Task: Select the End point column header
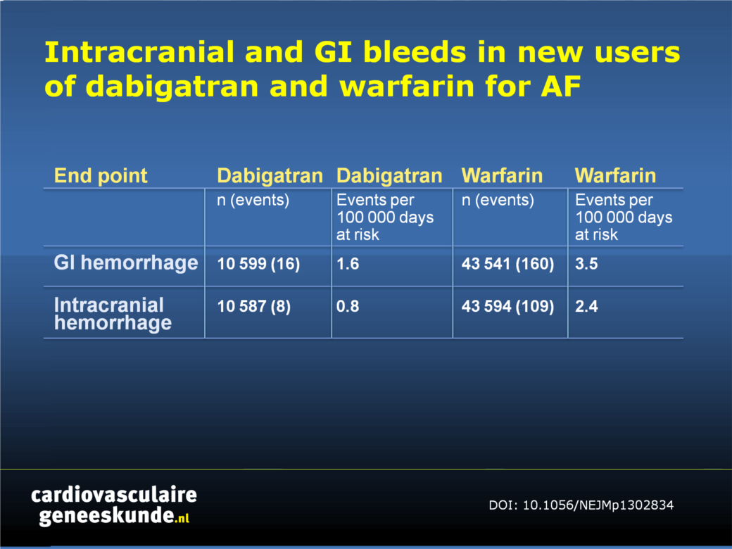(x=101, y=176)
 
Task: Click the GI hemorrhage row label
(x=125, y=263)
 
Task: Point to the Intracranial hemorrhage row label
(x=113, y=314)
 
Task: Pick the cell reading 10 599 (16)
(x=258, y=264)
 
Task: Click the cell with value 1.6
(x=348, y=264)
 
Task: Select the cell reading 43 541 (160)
(x=507, y=264)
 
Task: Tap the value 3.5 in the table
(x=586, y=264)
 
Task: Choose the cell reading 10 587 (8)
(x=253, y=306)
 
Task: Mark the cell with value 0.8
(x=348, y=306)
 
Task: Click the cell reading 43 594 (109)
(x=507, y=306)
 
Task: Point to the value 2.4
(x=586, y=306)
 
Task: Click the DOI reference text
(x=581, y=505)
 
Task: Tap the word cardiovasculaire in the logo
(x=114, y=495)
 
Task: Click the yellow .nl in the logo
(x=182, y=517)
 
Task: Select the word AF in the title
(x=561, y=86)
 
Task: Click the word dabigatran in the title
(x=172, y=87)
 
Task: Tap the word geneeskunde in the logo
(x=106, y=516)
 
